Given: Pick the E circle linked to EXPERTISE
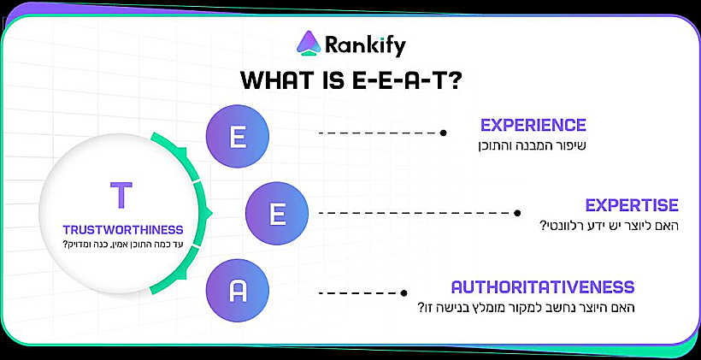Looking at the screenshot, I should pyautogui.click(x=277, y=213).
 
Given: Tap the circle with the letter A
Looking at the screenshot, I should pyautogui.click(x=238, y=292).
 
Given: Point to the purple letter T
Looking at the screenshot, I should pyautogui.click(x=122, y=196).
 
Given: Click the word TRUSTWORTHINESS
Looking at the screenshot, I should pyautogui.click(x=123, y=229).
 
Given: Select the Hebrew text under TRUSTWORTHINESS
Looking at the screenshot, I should pyautogui.click(x=123, y=245).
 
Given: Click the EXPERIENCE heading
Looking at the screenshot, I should pyautogui.click(x=533, y=125).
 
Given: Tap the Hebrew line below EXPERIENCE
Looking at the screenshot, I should pyautogui.click(x=532, y=145).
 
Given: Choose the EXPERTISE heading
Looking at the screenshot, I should pyautogui.click(x=632, y=205).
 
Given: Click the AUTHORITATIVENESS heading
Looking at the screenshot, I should pyautogui.click(x=543, y=286).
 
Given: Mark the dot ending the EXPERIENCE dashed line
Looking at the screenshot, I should pyautogui.click(x=443, y=133).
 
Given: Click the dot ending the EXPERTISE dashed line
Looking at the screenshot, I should pyautogui.click(x=518, y=213).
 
